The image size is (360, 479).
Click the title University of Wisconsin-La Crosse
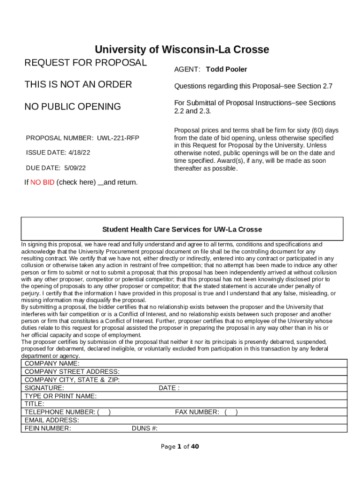click(x=182, y=50)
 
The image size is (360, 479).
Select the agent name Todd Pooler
click(x=226, y=69)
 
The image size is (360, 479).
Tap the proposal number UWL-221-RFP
click(x=118, y=138)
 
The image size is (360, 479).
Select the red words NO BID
click(x=42, y=182)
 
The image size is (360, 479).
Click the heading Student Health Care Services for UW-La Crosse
click(x=182, y=229)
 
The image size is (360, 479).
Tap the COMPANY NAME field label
click(x=52, y=363)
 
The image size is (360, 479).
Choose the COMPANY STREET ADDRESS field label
click(x=72, y=371)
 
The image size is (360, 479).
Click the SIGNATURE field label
click(x=44, y=388)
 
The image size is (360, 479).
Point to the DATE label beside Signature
click(x=169, y=388)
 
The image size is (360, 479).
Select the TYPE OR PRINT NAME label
click(x=61, y=396)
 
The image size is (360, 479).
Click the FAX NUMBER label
click(x=197, y=412)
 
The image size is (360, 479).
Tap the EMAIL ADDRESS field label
click(x=51, y=420)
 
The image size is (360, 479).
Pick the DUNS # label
click(x=144, y=428)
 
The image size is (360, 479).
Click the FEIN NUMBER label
click(x=48, y=428)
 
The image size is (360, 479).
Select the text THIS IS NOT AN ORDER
click(x=78, y=84)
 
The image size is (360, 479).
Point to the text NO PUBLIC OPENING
click(x=72, y=107)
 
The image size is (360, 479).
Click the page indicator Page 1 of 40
click(x=180, y=446)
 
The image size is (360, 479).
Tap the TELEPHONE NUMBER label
click(x=59, y=412)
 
